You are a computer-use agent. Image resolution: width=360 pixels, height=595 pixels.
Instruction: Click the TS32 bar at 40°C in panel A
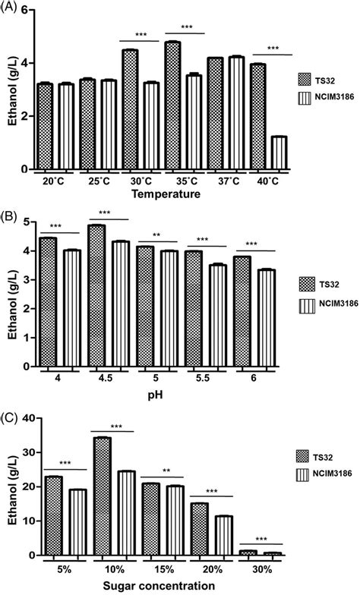click(258, 117)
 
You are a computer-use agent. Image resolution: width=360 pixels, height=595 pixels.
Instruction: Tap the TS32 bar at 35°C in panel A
click(173, 105)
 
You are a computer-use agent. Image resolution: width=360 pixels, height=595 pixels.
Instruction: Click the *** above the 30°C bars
click(140, 35)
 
